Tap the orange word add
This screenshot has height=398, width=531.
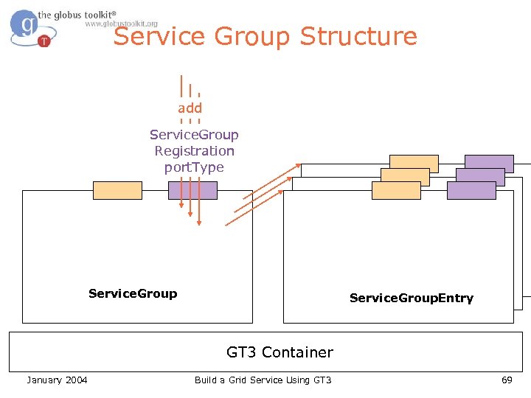pyautogui.click(x=190, y=108)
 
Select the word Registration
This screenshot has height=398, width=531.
pyautogui.click(x=194, y=151)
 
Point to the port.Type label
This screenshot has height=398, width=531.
pyautogui.click(x=194, y=167)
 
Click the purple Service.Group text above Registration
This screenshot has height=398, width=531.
pyautogui.click(x=194, y=135)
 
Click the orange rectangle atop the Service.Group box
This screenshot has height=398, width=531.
pyautogui.click(x=117, y=190)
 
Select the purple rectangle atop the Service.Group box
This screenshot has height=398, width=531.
pyautogui.click(x=192, y=190)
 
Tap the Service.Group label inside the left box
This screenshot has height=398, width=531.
pyautogui.click(x=133, y=293)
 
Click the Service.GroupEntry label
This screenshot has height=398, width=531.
pyautogui.click(x=411, y=298)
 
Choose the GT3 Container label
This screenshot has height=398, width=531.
pyautogui.click(x=280, y=352)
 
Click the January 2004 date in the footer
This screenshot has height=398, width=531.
pyautogui.click(x=57, y=380)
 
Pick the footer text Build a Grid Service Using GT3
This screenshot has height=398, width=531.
pyautogui.click(x=263, y=380)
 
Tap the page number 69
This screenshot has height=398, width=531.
pyautogui.click(x=506, y=380)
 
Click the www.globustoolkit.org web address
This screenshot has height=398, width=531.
pyautogui.click(x=121, y=24)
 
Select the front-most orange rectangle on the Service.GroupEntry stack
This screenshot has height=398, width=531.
pyautogui.click(x=396, y=190)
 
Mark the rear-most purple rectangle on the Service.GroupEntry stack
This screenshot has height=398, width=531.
pyautogui.click(x=489, y=164)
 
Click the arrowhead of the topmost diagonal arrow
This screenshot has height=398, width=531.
pyautogui.click(x=299, y=166)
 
